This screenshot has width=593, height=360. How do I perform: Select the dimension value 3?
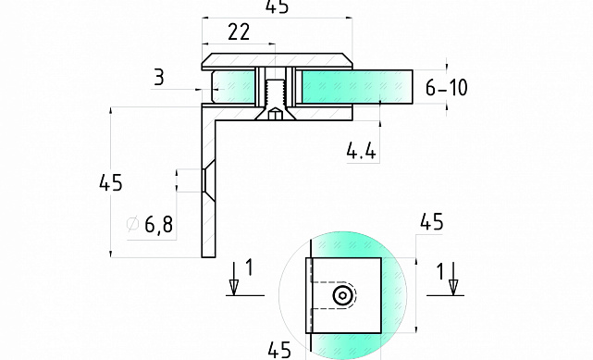tap(159, 78)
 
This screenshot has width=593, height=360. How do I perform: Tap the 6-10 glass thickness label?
tap(447, 88)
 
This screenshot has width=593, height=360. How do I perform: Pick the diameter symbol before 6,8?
tap(131, 224)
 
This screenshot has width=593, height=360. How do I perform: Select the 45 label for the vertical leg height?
tap(110, 183)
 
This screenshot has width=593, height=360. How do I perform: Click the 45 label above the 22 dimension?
tap(276, 7)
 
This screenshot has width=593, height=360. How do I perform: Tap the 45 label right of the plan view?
tap(431, 221)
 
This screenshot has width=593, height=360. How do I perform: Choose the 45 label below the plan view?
tap(280, 349)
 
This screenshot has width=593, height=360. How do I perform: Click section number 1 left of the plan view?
tap(249, 270)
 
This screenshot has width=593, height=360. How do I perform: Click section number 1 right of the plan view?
tap(439, 270)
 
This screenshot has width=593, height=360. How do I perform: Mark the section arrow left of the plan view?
tap(234, 283)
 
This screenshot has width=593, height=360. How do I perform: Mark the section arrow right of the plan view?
tap(453, 283)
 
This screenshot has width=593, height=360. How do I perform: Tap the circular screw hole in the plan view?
tap(343, 295)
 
